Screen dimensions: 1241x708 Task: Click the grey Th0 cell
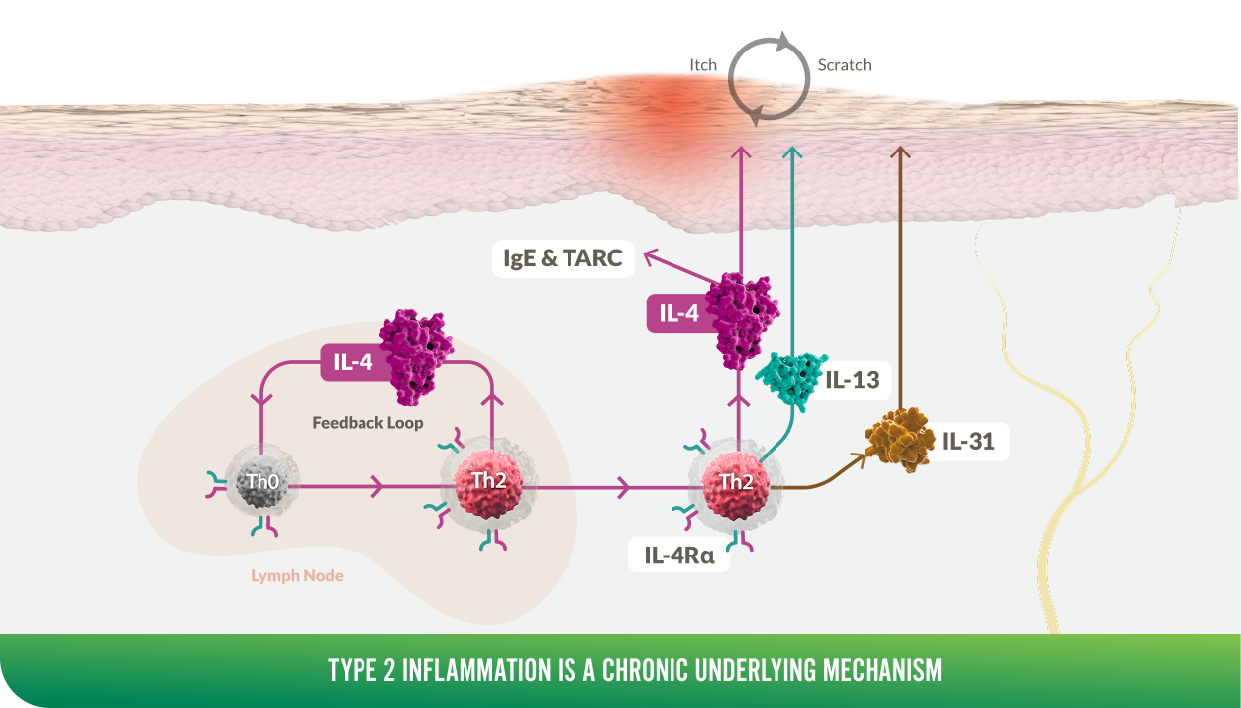click(262, 481)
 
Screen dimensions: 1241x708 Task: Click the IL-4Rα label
click(678, 555)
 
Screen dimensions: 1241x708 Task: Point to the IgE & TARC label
click(563, 258)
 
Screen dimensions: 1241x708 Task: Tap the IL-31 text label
click(968, 442)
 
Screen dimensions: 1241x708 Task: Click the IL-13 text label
click(852, 380)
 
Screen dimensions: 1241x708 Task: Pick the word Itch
click(703, 65)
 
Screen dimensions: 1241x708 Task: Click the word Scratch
click(844, 65)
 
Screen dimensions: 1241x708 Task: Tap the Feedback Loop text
click(367, 423)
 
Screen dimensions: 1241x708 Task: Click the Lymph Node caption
click(297, 576)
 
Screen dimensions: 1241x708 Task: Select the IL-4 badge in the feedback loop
click(356, 362)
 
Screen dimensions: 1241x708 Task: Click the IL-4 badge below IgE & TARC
click(681, 314)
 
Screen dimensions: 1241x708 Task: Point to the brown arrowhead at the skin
click(900, 152)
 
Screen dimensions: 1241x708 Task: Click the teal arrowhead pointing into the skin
click(792, 152)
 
